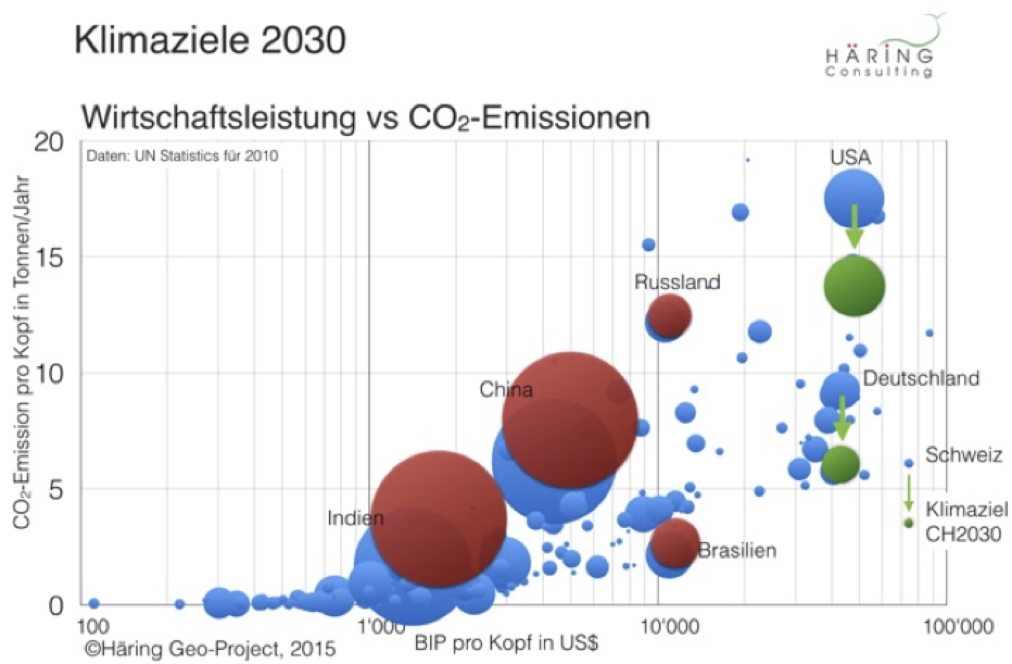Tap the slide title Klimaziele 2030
point(210,40)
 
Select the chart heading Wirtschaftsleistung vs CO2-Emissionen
point(365,118)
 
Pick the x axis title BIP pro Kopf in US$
point(506,642)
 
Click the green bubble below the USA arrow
point(853,286)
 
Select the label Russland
point(677,282)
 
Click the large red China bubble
point(570,419)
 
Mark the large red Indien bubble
point(439,518)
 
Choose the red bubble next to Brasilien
point(675,542)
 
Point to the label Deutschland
point(921,378)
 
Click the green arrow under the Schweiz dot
point(909,492)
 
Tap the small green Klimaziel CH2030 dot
point(909,523)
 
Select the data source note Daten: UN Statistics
point(182,156)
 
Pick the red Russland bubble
point(669,315)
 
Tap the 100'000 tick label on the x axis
point(957,628)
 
